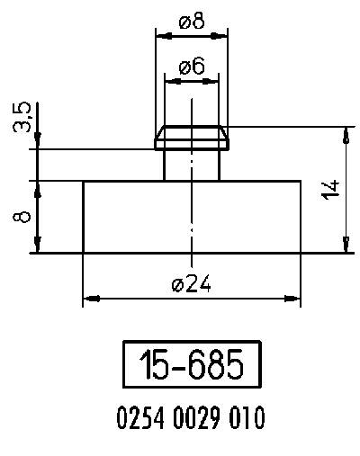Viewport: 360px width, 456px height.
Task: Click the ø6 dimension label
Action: [191, 67]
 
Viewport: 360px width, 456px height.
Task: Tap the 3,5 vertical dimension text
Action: [23, 117]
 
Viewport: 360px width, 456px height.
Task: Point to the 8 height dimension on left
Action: [24, 217]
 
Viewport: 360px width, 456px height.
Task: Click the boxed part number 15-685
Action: [191, 365]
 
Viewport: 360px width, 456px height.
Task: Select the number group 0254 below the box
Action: [137, 419]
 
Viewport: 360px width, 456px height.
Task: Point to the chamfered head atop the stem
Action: [191, 138]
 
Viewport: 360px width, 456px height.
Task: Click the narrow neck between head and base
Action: [191, 165]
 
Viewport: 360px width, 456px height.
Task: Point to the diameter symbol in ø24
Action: [176, 284]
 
